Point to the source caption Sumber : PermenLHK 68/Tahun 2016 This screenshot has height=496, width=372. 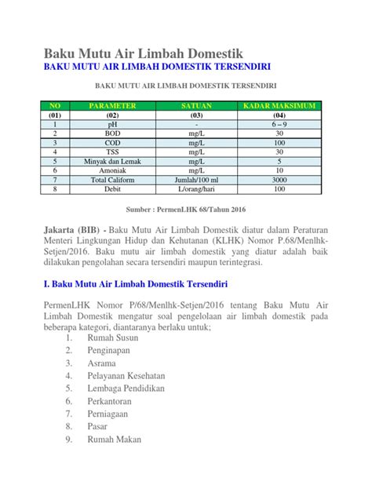click(186, 210)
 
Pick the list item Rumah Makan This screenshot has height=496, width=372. click(115, 439)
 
